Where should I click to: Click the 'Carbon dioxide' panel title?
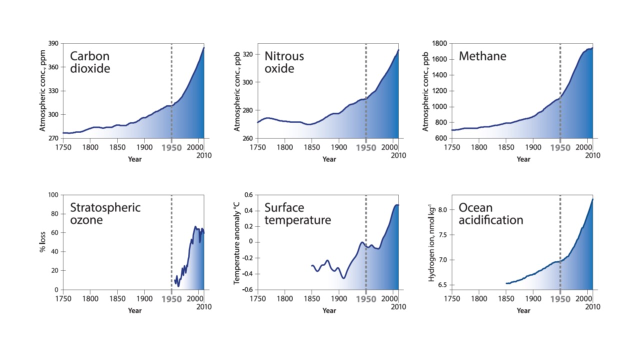coord(90,62)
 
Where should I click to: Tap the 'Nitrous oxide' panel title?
coord(284,62)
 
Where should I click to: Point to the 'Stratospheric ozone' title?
coord(105,213)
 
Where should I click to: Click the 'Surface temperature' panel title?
coord(297,213)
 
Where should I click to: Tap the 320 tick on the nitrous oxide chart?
coord(247,54)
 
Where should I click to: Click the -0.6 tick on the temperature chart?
coord(247,290)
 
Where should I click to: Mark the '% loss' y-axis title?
coord(43,242)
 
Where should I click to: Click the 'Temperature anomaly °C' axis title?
coord(236,242)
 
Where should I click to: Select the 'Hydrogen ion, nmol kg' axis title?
coord(431,242)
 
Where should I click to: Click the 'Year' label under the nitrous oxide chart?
coord(329,159)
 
